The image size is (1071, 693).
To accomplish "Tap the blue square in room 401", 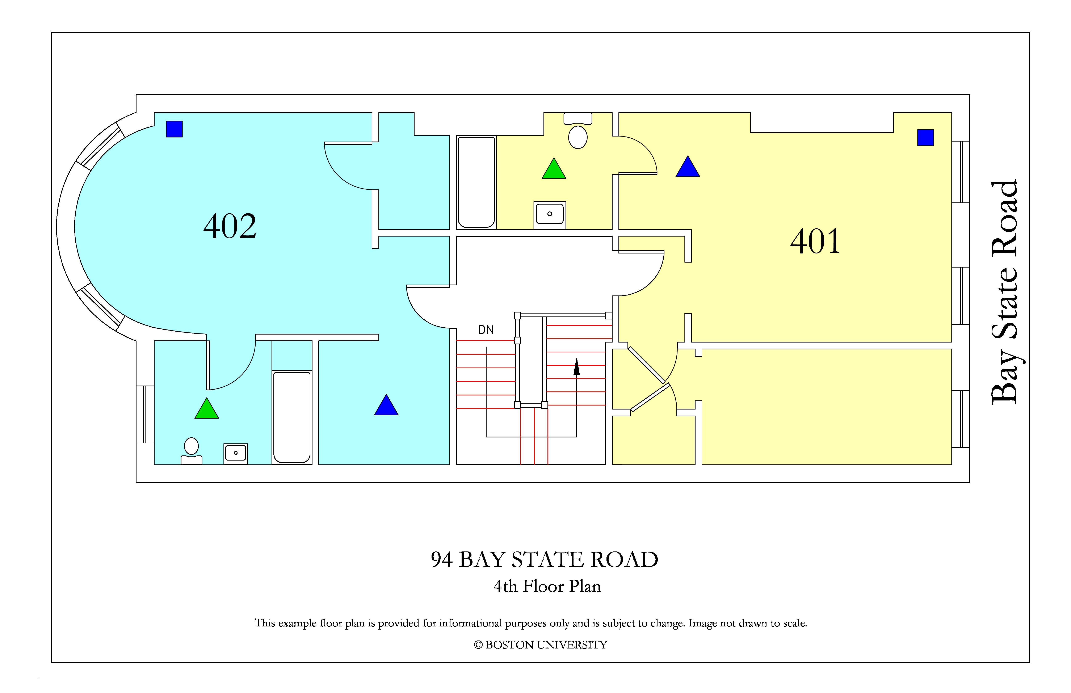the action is [926, 137].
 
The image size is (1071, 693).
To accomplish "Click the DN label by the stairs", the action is [486, 330].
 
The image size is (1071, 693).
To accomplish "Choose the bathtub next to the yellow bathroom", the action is [476, 182].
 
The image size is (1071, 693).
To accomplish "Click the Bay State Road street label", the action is [1004, 292].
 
